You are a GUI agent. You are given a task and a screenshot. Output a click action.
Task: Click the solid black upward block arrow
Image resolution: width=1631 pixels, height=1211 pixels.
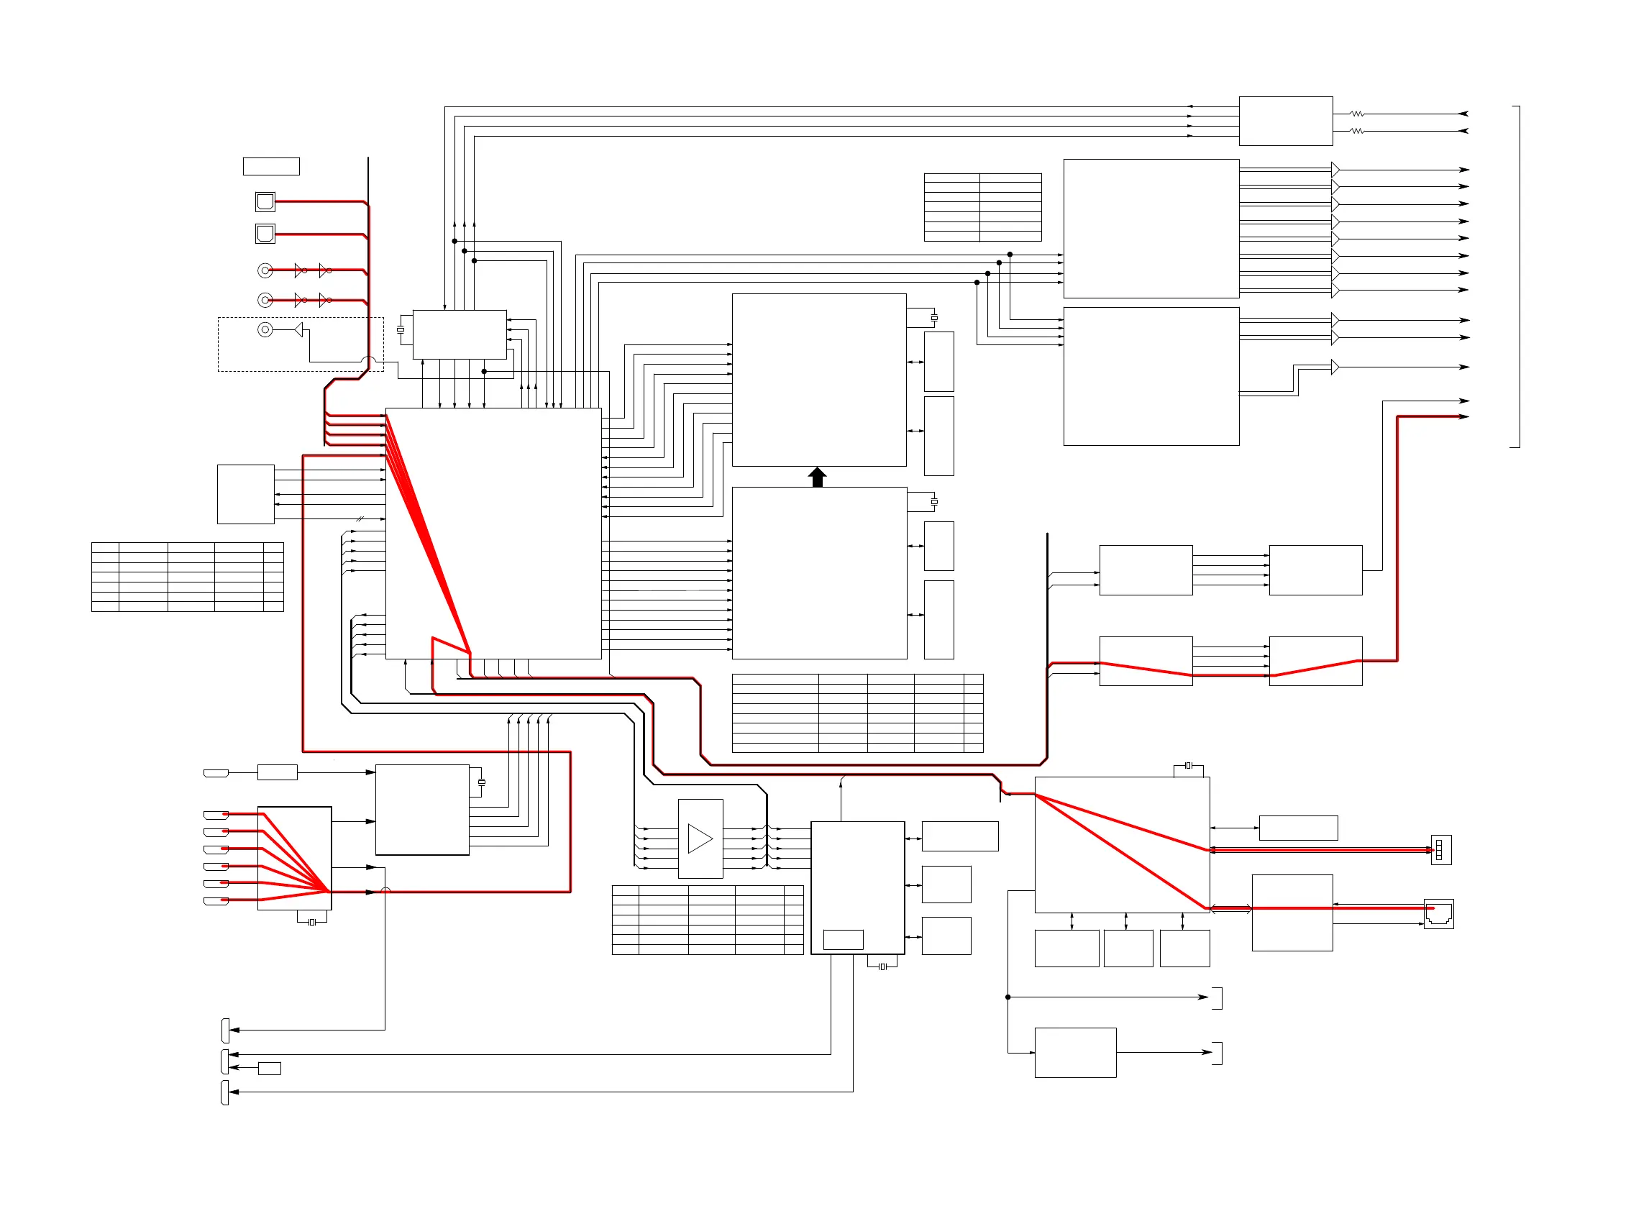[x=818, y=477]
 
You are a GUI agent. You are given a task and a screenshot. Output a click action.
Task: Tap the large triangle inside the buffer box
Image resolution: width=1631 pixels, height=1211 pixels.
[x=700, y=838]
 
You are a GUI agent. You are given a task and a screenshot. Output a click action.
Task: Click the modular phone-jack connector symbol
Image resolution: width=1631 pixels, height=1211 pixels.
[x=1438, y=914]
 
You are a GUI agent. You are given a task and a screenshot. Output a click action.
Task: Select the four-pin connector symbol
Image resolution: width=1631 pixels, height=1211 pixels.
[x=1440, y=849]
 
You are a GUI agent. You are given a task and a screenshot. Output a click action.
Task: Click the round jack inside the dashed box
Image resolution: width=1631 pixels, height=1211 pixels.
[x=265, y=330]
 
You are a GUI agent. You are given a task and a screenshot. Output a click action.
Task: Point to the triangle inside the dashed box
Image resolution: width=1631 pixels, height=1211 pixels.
[x=299, y=330]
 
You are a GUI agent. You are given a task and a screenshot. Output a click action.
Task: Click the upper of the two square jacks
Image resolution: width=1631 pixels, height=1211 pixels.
[x=265, y=201]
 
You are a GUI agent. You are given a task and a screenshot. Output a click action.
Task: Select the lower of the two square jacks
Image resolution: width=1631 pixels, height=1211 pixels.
[x=265, y=234]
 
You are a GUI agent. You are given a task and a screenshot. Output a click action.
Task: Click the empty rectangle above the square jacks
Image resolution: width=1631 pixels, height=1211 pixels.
[x=271, y=166]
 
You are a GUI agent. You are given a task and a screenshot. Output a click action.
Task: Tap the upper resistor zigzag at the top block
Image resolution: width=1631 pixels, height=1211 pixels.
[x=1357, y=114]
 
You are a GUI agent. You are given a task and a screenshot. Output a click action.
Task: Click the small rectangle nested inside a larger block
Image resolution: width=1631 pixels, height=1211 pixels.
[x=843, y=939]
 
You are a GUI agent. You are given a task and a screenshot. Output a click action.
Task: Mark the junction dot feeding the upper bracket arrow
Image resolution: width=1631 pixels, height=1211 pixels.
[x=1008, y=997]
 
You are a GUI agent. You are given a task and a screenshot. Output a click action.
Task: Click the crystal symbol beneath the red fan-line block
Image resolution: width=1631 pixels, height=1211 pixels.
[x=312, y=922]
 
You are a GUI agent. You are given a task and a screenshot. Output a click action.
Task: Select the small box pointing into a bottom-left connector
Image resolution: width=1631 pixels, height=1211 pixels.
[x=269, y=1068]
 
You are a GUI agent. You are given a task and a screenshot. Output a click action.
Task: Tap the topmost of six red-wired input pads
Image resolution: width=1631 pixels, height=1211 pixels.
[x=216, y=815]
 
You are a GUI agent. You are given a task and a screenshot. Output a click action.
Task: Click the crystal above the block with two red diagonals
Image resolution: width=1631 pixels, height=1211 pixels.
[x=1188, y=765]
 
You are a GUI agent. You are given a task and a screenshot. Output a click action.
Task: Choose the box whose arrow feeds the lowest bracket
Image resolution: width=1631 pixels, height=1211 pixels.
[x=1075, y=1053]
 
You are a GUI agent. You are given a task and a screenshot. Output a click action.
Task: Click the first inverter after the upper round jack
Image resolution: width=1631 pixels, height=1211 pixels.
[x=300, y=270]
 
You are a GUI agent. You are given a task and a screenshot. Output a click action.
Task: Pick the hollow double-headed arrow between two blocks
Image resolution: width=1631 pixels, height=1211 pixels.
[x=1230, y=909]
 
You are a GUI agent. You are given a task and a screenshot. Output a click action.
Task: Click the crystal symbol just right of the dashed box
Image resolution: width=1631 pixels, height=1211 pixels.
[x=401, y=330]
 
